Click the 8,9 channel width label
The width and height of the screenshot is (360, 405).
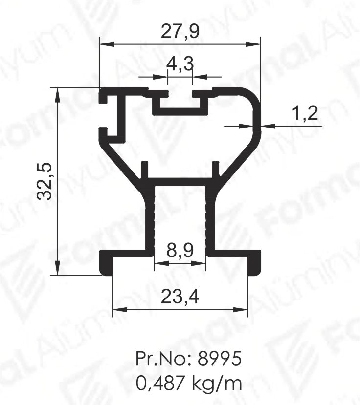point(180,250)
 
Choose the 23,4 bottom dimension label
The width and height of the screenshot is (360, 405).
point(180,297)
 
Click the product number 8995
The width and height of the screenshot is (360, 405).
point(219,359)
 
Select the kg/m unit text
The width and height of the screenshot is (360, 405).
point(217,384)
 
